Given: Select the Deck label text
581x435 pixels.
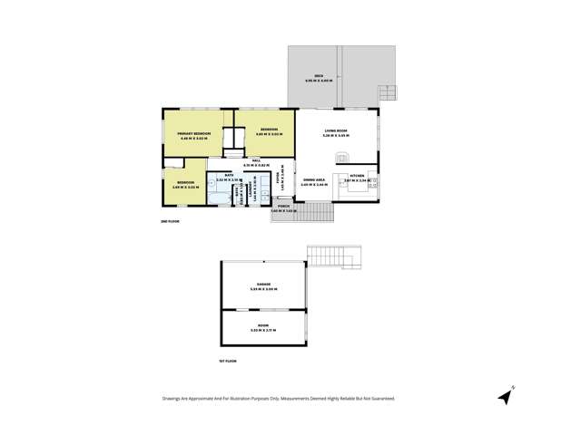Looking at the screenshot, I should coord(320,76).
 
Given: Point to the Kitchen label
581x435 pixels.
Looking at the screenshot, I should coord(357,175).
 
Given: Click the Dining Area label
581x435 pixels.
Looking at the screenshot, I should coord(315,180).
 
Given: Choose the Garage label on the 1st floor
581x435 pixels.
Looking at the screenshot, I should coord(262,285).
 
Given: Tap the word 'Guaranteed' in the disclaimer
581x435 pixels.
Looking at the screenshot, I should coord(380,398).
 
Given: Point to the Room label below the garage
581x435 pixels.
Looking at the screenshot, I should coord(262,329).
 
